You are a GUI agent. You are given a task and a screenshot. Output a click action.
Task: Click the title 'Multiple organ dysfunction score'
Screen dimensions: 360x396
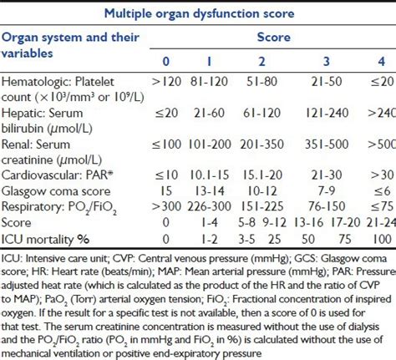pos(197,13)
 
